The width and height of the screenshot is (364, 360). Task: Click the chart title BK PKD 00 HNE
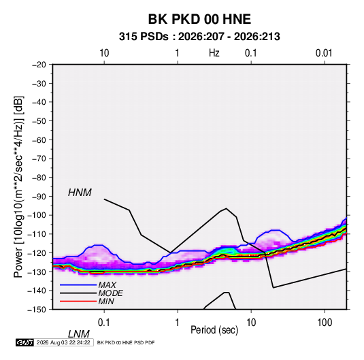pos(199,19)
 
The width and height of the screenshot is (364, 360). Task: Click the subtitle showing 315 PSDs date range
pos(199,37)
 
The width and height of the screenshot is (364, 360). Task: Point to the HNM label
pos(80,193)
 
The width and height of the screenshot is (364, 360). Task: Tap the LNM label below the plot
pos(78,334)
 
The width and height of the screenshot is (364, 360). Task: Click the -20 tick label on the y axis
pos(39,65)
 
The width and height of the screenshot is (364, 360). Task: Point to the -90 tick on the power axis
pos(39,197)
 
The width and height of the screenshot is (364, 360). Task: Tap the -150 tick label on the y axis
pos(37,310)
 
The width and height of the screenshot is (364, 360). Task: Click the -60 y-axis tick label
pos(39,140)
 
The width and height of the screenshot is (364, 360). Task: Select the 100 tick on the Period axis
pos(325,323)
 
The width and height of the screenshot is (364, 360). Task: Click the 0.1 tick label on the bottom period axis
pos(104,323)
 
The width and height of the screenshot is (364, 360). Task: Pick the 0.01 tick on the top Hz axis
pos(324,53)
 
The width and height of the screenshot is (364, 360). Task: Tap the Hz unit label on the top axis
pos(214,53)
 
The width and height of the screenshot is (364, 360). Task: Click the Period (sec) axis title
pos(214,330)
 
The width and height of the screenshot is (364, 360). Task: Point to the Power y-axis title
pos(18,186)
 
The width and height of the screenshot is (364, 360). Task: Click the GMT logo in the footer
pos(25,342)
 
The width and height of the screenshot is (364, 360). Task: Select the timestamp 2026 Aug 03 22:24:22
pos(63,342)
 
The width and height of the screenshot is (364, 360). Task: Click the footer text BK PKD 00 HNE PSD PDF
pos(126,342)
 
